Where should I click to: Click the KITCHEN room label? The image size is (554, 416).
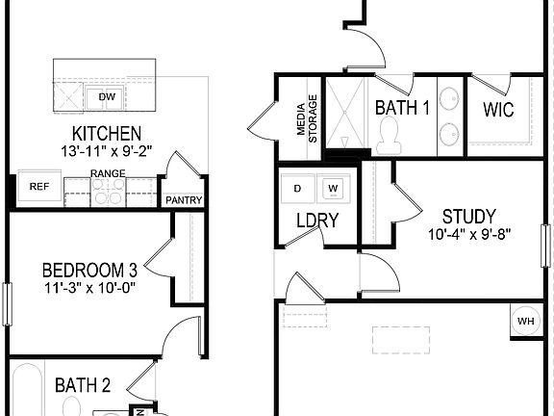107,133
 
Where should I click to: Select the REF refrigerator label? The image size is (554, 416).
38,187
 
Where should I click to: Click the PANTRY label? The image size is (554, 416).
182,200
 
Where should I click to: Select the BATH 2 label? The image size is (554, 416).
83,385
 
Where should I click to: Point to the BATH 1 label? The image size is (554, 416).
402,108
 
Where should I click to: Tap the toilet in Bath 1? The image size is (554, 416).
390,141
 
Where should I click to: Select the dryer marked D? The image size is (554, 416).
297,187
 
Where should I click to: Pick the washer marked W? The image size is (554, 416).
333,187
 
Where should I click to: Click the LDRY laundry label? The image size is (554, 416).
316,221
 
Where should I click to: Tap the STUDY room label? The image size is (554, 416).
468,216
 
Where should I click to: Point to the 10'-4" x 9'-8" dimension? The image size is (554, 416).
468,234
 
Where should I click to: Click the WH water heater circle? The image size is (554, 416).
526,321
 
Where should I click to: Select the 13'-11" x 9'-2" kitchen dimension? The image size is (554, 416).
107,151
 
